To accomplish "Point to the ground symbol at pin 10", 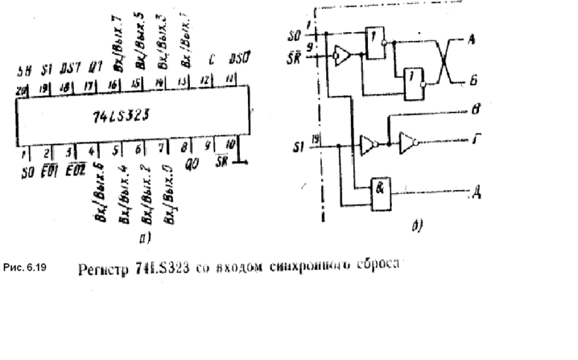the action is coord(242,163).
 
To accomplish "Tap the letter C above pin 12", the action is coord(211,59).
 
